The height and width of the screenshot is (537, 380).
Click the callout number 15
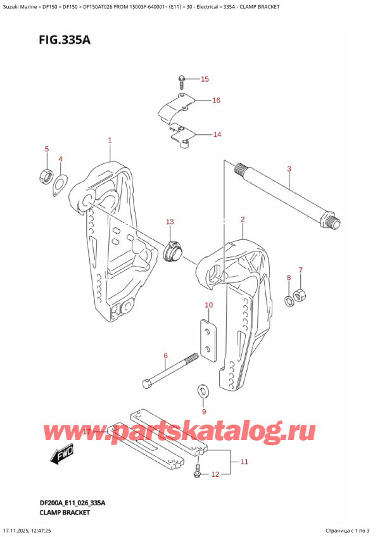coord(204,79)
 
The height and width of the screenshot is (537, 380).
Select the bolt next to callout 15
coord(182,81)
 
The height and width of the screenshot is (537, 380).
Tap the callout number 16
coord(216,100)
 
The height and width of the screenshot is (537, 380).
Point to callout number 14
coord(217,134)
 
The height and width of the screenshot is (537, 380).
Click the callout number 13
coord(169,222)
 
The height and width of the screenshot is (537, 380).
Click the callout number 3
coord(289,169)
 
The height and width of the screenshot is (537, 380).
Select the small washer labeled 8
coord(289,300)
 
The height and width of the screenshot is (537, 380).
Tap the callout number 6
coord(165,356)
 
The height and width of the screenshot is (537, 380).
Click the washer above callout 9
coord(203,389)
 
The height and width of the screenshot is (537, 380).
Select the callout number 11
coord(243,462)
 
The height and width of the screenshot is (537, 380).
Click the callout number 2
coord(243,220)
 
